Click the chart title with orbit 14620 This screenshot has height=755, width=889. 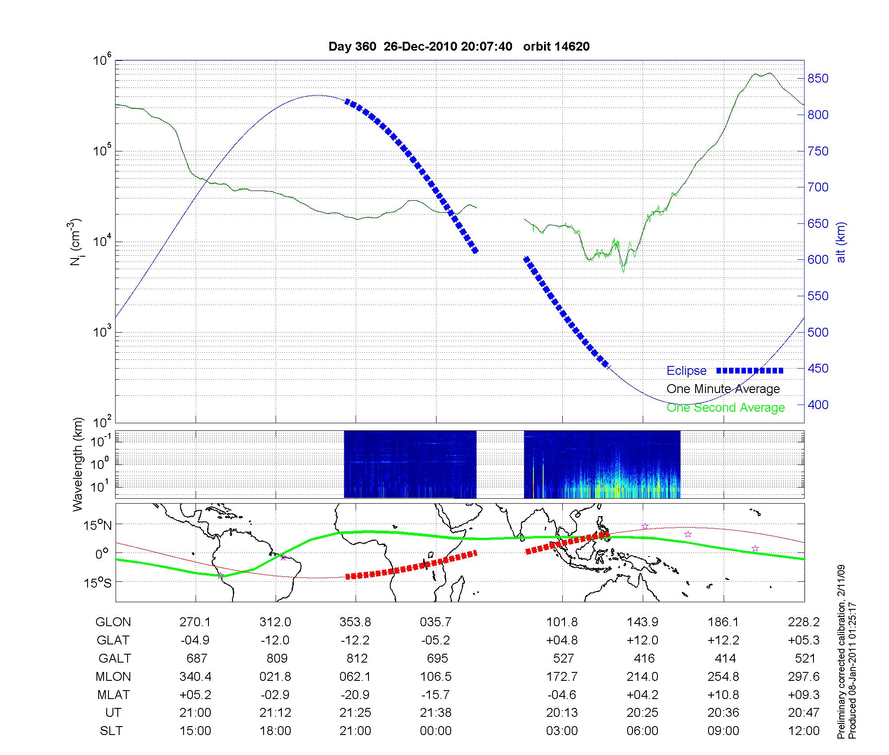pyautogui.click(x=459, y=47)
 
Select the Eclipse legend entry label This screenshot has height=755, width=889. pyautogui.click(x=686, y=371)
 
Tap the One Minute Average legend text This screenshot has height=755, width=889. pyautogui.click(x=723, y=389)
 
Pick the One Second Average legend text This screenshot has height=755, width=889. pyautogui.click(x=725, y=408)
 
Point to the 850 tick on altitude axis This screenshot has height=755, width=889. pyautogui.click(x=818, y=79)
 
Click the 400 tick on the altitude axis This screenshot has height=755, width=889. pyautogui.click(x=818, y=405)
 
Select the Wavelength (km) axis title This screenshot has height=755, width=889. pyautogui.click(x=78, y=464)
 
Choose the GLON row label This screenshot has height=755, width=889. pyautogui.click(x=113, y=622)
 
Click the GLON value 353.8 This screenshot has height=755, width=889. pyautogui.click(x=355, y=622)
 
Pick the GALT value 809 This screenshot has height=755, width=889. pyautogui.click(x=276, y=658)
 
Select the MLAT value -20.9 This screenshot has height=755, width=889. pyautogui.click(x=355, y=695)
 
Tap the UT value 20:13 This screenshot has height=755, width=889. pyautogui.click(x=562, y=713)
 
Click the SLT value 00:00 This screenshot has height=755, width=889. pyautogui.click(x=436, y=731)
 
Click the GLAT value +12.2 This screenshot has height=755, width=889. pyautogui.click(x=723, y=640)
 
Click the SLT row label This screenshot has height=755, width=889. pyautogui.click(x=111, y=731)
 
